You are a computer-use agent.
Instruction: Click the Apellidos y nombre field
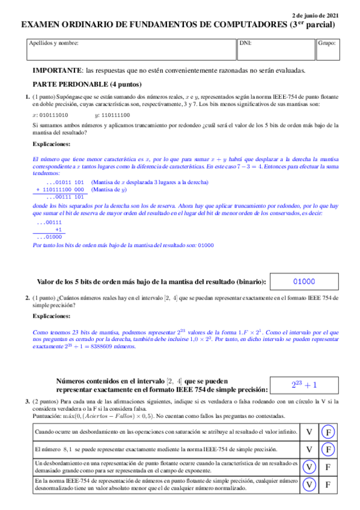coord(131,50)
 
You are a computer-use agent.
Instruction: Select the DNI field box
coord(275,50)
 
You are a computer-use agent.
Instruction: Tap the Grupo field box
coord(328,50)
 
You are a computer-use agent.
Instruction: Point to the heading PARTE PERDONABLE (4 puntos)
coord(87,85)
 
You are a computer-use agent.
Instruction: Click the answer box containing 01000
coord(304,281)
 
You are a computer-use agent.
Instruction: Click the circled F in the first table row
coord(328,432)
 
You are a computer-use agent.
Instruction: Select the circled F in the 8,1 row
coord(328,449)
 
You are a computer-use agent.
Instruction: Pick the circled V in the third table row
coord(309,467)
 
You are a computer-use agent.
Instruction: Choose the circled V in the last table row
coord(309,485)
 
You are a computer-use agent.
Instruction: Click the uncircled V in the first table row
coord(309,432)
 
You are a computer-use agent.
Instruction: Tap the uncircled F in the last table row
coord(328,485)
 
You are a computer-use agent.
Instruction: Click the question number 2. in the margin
coord(28,298)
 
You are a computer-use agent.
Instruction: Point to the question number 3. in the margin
coord(28,401)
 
